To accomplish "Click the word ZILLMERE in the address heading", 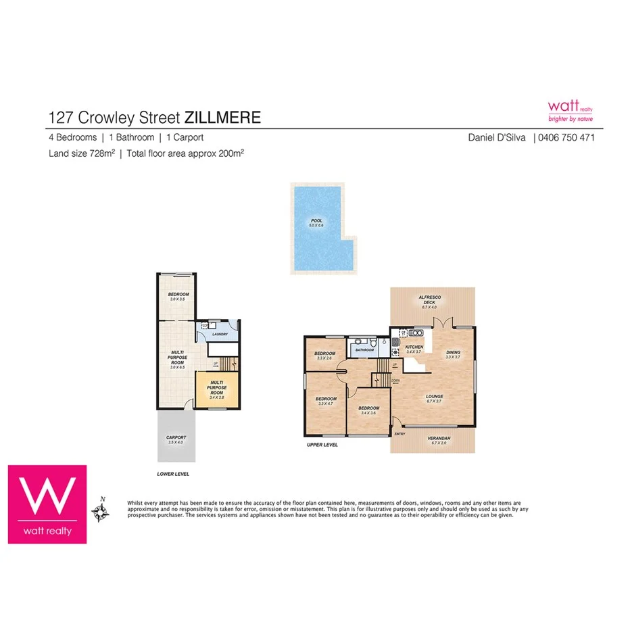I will pos(222,118).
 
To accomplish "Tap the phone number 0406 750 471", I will pos(566,137).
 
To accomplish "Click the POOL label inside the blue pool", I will pos(317,220).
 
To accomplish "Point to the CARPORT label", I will pos(176,438).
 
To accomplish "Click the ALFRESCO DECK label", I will pos(430,297).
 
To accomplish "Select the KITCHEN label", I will pos(414,347).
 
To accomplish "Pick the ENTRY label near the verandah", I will pos(399,434).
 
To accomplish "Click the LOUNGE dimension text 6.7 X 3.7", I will pos(433,402).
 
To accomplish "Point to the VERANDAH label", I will pos(439,439).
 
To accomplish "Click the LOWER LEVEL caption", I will pos(173,474).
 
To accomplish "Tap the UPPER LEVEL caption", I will pos(322,445).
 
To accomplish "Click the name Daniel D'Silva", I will pos(497,137).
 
